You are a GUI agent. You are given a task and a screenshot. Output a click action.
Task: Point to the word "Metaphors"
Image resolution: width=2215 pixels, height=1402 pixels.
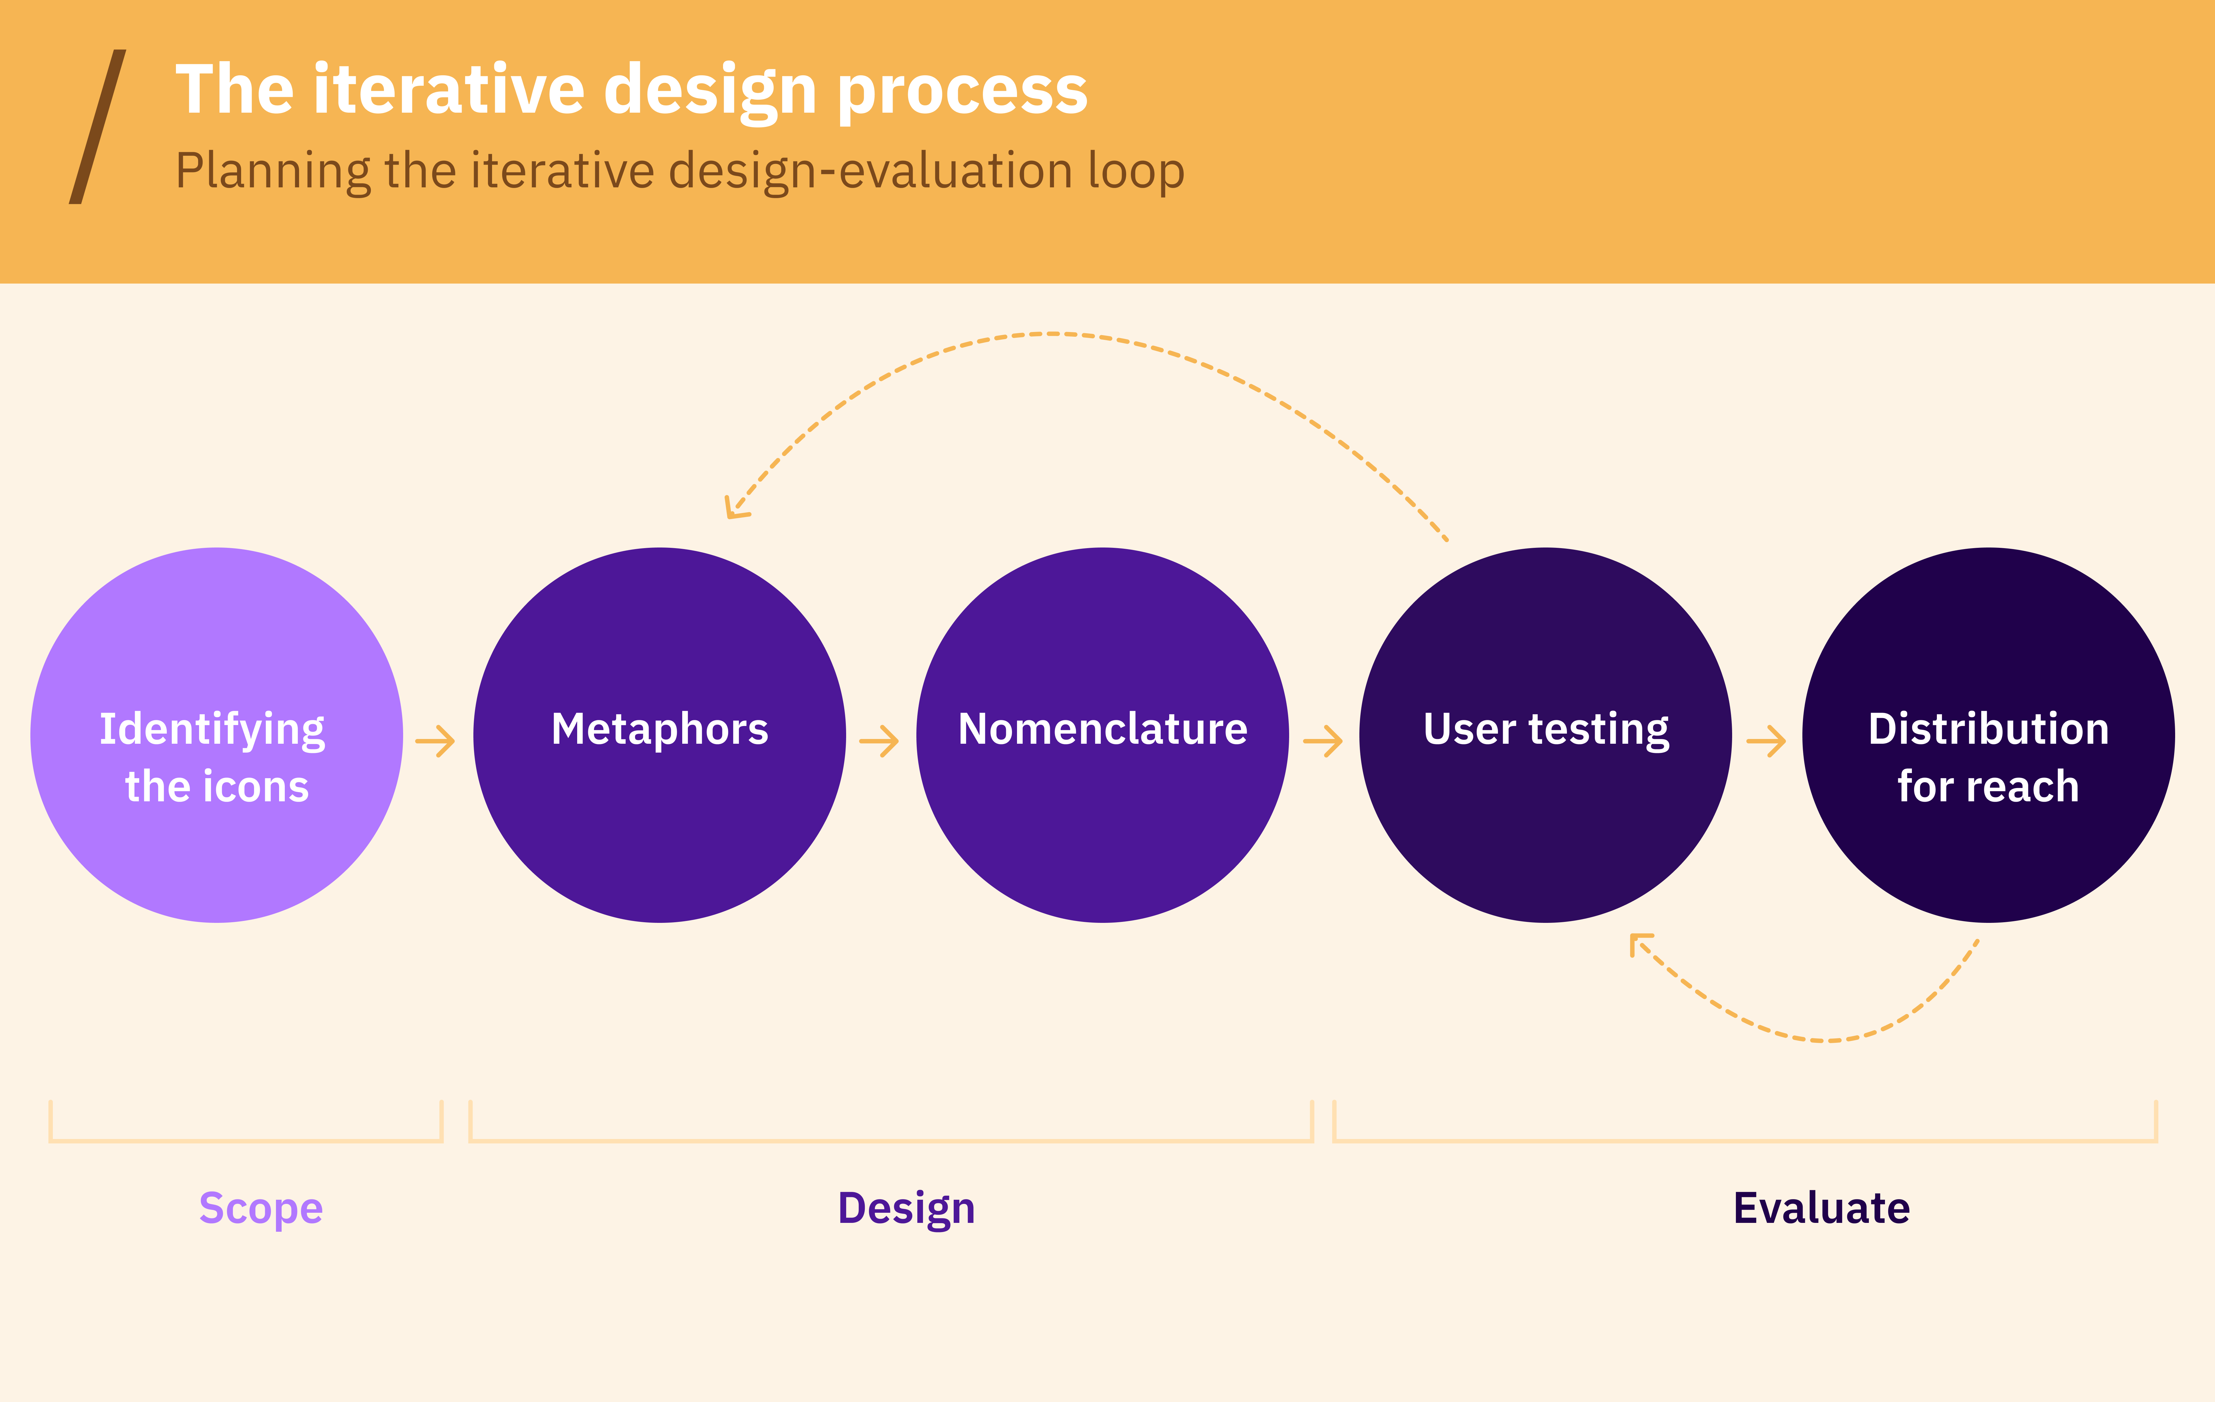(x=659, y=729)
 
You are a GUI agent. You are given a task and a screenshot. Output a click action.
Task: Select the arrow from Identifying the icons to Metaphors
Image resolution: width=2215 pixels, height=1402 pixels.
(x=435, y=741)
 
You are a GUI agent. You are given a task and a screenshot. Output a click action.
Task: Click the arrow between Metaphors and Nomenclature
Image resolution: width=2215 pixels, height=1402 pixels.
(x=878, y=741)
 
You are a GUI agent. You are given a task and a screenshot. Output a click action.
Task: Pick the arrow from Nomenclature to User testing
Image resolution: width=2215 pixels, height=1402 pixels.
(x=1323, y=741)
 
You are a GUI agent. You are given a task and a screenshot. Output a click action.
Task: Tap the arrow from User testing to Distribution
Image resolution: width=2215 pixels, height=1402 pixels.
(x=1765, y=741)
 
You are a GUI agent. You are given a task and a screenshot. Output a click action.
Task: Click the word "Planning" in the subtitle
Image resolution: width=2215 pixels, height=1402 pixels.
(x=273, y=172)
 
